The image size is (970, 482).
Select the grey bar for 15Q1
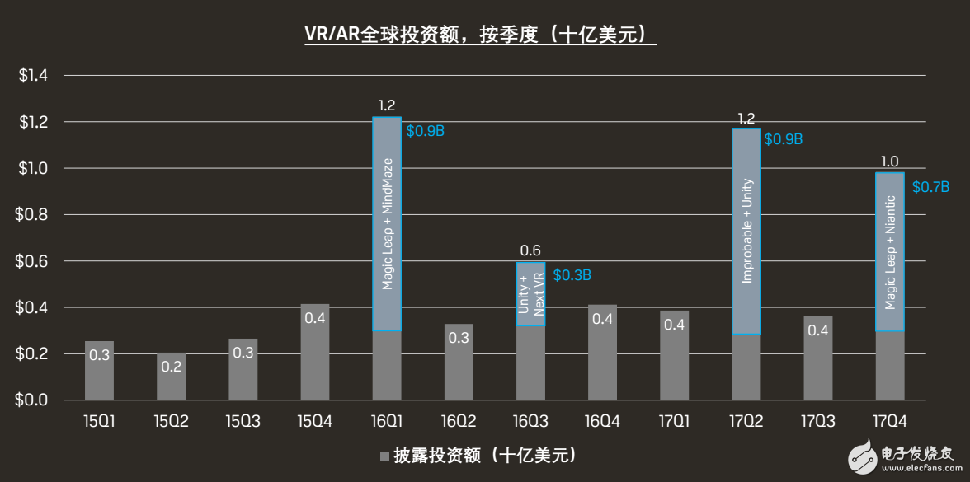pos(99,371)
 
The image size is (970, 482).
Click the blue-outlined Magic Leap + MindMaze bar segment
pos(387,223)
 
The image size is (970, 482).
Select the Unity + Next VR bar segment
pos(530,293)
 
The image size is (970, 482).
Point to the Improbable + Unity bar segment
pos(746,231)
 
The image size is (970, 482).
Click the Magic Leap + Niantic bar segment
pos(890,252)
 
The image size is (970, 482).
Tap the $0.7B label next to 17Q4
pos(930,187)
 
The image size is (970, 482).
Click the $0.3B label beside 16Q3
pos(572,275)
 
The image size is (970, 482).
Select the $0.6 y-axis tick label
pos(34,261)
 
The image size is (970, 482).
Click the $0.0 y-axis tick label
pos(34,400)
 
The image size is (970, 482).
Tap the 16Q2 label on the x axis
pos(459,422)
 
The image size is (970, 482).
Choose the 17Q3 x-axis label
pos(817,422)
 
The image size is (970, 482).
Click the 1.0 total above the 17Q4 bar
pos(890,161)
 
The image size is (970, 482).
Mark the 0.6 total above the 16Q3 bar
pos(530,250)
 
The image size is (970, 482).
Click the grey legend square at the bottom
pos(384,456)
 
